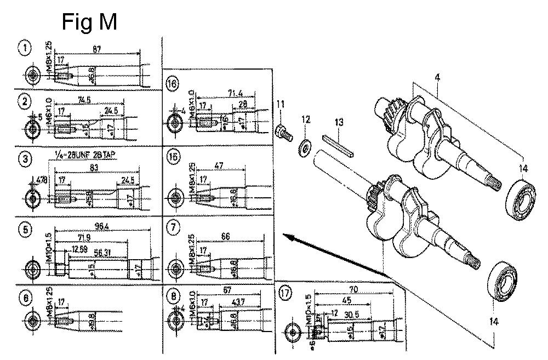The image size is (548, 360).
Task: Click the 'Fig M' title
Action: pos(89,22)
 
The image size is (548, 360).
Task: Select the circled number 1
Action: pos(25,48)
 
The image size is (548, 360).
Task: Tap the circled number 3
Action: pos(25,160)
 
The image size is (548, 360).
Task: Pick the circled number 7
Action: pos(174,226)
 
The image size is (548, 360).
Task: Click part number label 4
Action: pos(437,79)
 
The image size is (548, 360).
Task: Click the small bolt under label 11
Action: pos(282,130)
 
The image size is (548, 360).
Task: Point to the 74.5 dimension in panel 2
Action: pos(84,100)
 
